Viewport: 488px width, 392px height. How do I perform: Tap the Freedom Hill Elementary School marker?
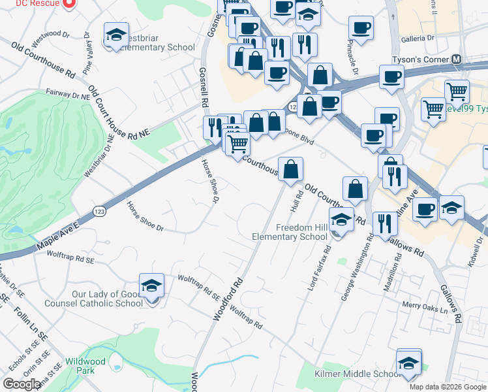pos(341,221)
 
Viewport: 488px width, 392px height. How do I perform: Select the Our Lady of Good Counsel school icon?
pos(151,286)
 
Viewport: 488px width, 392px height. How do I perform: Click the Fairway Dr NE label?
pos(67,95)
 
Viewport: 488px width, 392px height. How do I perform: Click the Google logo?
pos(22,384)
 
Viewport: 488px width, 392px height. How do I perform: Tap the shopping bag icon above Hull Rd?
pos(290,169)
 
